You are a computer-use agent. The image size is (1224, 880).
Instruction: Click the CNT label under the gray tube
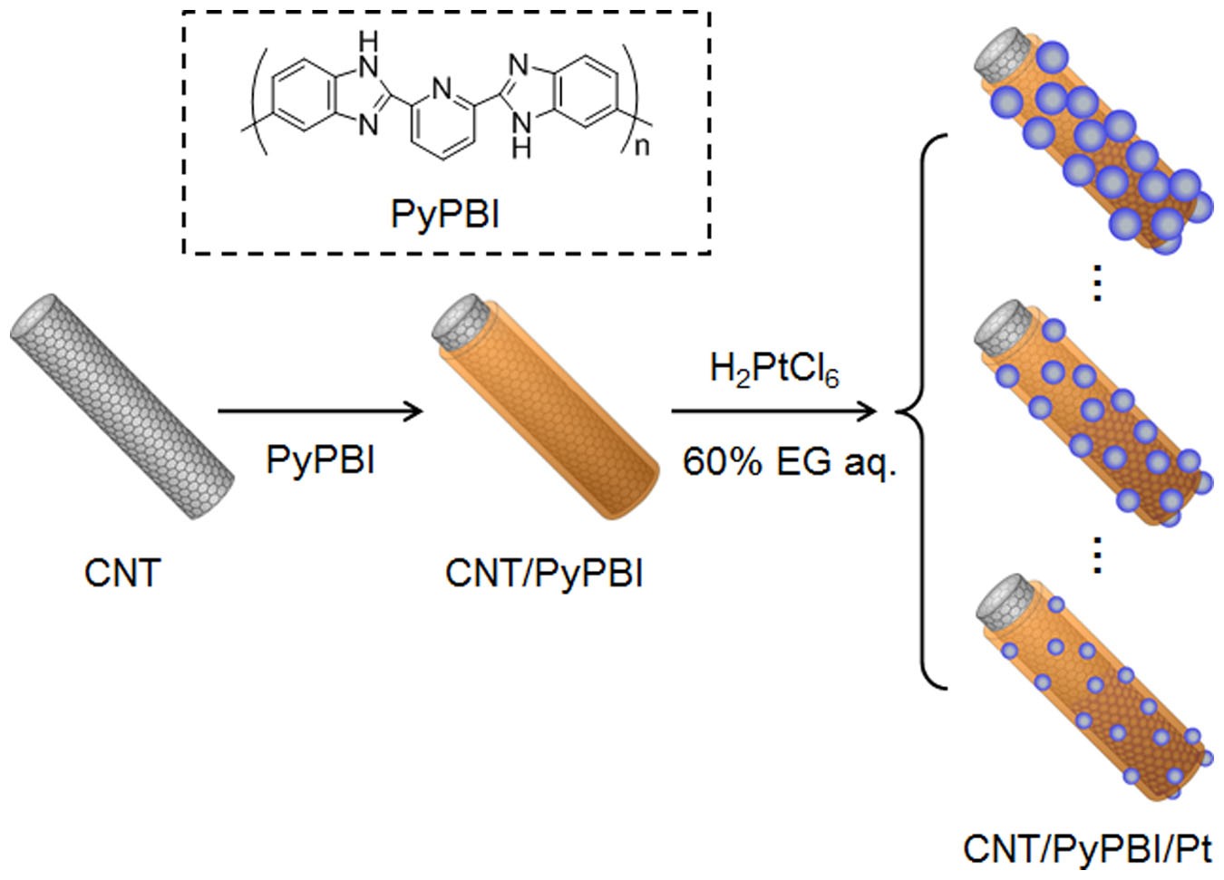pos(121,573)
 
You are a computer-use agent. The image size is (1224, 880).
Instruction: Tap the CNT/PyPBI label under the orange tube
pos(544,573)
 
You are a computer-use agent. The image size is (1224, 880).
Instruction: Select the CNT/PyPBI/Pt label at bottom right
pos(1086,849)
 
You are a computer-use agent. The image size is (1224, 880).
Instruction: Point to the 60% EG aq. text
pos(789,461)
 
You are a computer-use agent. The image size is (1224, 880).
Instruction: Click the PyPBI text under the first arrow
pos(320,459)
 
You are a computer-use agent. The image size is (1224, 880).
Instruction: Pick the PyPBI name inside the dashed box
pos(444,214)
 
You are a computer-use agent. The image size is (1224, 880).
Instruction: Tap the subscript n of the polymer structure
pos(642,145)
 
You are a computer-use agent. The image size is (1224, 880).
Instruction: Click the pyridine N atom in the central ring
pos(442,89)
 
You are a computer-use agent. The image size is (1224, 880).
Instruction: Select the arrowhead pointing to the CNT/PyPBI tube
pos(415,411)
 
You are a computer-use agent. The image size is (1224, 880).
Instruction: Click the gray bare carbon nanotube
pos(121,406)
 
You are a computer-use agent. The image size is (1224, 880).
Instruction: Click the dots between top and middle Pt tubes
pos(1097,283)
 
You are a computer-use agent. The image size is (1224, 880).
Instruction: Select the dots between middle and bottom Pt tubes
pos(1097,555)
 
